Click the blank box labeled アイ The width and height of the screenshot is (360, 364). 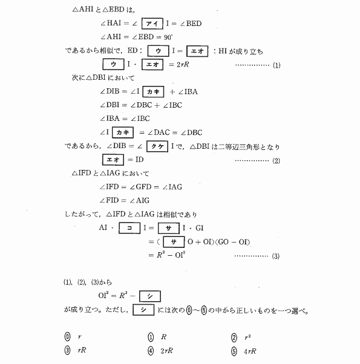pos(152,24)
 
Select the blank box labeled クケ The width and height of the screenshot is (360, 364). pos(157,146)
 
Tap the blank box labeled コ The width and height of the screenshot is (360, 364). pos(129,228)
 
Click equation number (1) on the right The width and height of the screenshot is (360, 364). pos(277,65)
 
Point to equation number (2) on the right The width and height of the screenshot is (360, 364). pos(276,161)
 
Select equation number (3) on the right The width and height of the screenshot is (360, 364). pos(276,256)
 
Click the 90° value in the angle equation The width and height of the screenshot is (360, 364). pos(168,37)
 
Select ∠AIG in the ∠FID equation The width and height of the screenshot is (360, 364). pos(139,200)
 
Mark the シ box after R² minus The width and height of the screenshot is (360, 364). pos(150,296)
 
